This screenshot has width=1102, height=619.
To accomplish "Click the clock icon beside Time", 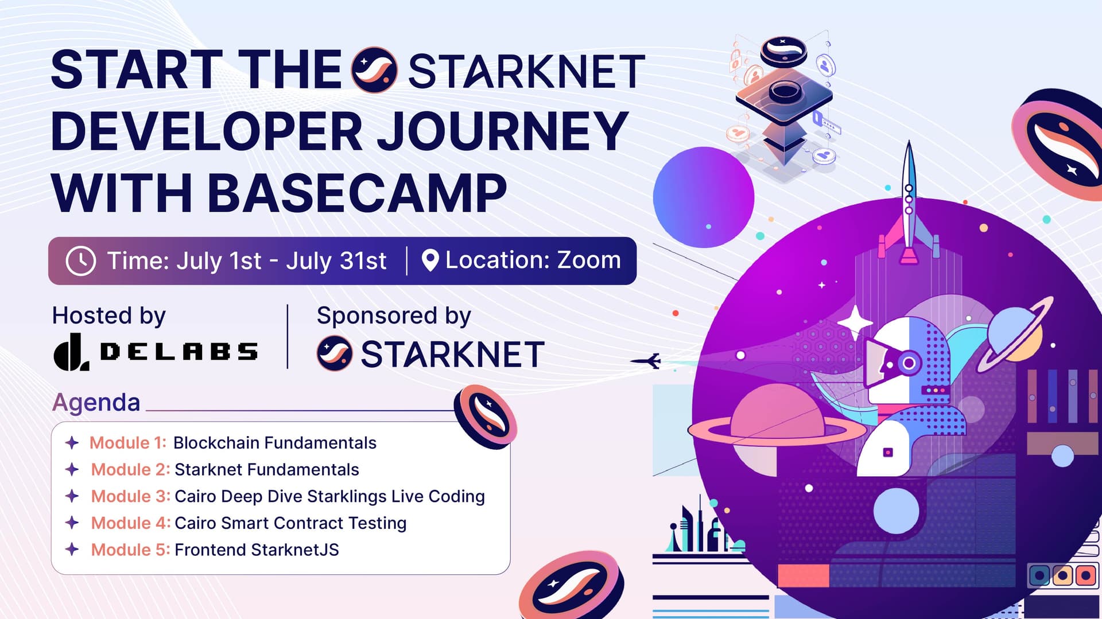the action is click(81, 261).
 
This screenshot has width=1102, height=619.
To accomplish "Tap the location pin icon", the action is click(430, 260).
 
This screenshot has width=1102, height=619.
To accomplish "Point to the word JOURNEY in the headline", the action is click(502, 131).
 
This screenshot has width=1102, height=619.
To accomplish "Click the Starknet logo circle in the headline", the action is click(374, 70).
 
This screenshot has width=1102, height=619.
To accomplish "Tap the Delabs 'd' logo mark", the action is click(71, 352).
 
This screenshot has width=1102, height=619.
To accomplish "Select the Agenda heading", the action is click(96, 403).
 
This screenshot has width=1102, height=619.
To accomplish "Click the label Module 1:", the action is click(128, 443).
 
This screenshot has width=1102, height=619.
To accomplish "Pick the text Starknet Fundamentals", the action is click(267, 470).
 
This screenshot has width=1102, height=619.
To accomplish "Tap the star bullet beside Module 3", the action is click(72, 496).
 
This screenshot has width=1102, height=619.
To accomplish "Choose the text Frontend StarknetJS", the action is click(257, 550).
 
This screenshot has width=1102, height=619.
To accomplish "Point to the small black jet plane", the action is click(646, 361).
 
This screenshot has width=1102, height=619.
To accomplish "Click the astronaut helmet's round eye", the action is click(909, 363).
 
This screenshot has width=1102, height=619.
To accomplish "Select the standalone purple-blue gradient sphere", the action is click(703, 197).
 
